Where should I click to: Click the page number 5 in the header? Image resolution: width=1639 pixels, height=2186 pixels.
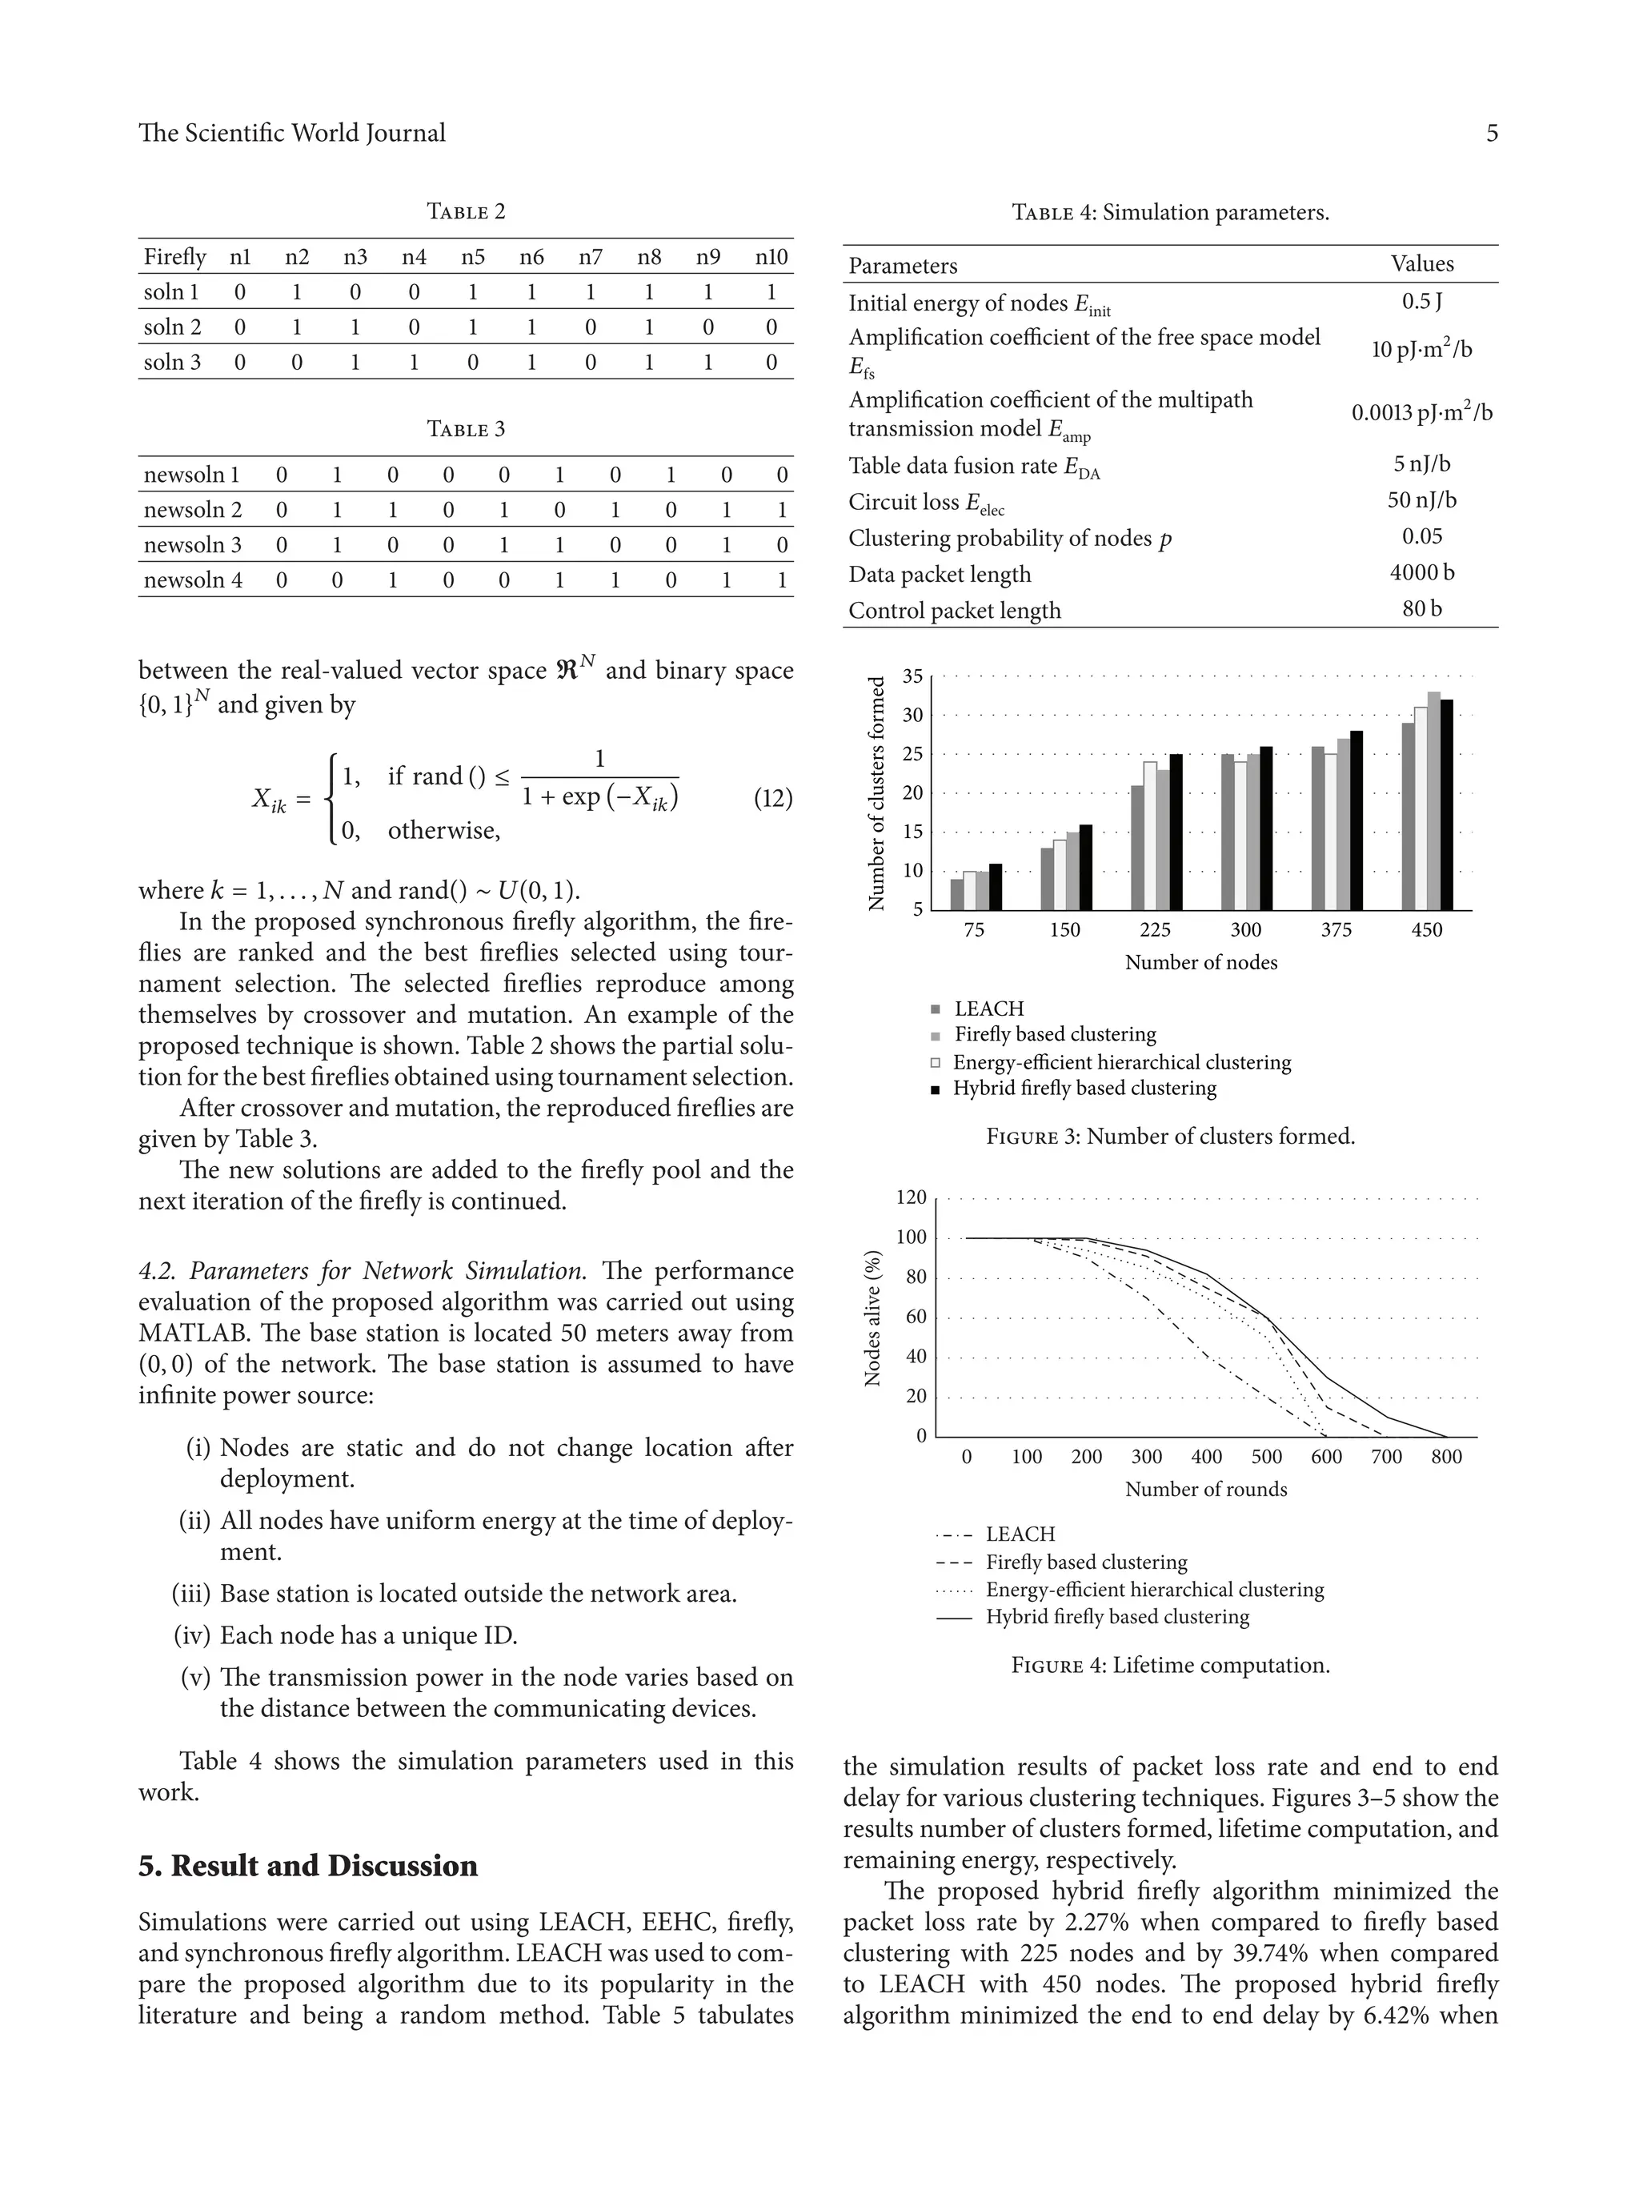(x=1491, y=134)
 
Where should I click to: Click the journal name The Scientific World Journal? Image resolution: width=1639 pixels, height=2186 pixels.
(x=291, y=134)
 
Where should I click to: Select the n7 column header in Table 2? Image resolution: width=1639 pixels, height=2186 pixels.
(x=590, y=258)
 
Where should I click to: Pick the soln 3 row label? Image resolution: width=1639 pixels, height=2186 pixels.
(x=172, y=363)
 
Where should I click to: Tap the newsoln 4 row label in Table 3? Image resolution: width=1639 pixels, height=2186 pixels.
(x=193, y=580)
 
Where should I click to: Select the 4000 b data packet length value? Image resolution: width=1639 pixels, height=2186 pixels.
(x=1421, y=572)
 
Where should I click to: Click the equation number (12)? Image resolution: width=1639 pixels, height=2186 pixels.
(x=772, y=799)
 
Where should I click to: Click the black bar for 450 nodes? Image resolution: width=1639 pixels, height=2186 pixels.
(x=1446, y=804)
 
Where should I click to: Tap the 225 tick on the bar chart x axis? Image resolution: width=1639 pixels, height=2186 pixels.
(x=1154, y=930)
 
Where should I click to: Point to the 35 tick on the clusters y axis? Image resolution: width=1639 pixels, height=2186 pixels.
(x=911, y=678)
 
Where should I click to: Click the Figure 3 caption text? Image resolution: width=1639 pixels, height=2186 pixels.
(x=1170, y=1137)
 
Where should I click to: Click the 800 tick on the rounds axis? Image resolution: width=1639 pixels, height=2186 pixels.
(x=1445, y=1457)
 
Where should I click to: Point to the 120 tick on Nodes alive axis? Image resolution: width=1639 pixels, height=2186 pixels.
(x=911, y=1197)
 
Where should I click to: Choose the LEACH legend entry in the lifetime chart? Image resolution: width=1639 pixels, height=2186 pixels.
(x=1020, y=1534)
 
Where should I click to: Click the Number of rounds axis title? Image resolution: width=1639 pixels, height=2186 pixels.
(x=1205, y=1490)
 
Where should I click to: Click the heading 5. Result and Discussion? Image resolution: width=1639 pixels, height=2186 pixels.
(x=307, y=1867)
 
